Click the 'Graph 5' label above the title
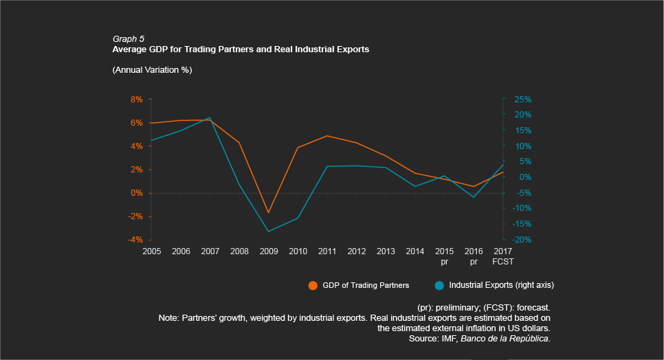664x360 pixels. click(x=128, y=39)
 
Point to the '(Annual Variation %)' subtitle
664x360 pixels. click(x=151, y=70)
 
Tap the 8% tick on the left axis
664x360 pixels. click(x=136, y=99)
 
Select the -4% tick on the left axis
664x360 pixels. click(x=135, y=240)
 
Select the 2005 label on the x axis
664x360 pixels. click(x=151, y=251)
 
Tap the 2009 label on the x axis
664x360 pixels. click(x=269, y=251)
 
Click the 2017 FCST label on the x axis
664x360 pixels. click(x=503, y=256)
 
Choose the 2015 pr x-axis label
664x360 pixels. click(x=444, y=256)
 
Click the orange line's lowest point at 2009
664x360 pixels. click(x=269, y=213)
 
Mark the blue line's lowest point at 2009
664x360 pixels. click(x=269, y=232)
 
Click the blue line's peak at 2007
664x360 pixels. click(x=210, y=117)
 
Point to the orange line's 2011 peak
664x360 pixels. click(x=327, y=135)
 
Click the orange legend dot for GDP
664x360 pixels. click(x=313, y=285)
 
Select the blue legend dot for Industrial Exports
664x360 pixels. click(x=439, y=285)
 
